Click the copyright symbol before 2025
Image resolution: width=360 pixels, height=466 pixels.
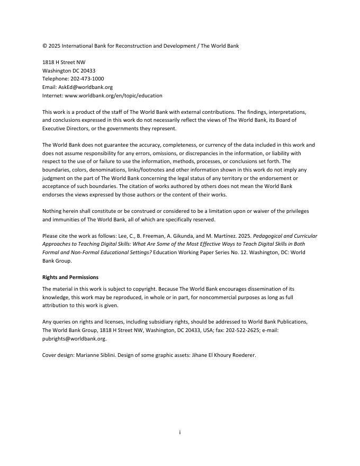tap(44, 46)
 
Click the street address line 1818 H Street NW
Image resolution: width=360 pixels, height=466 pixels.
tap(64, 62)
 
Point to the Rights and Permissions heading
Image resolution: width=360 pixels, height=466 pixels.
tap(70, 277)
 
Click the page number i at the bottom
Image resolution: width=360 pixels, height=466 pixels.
tap(180, 433)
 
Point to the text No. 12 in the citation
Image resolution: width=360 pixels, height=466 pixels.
tap(229, 253)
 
